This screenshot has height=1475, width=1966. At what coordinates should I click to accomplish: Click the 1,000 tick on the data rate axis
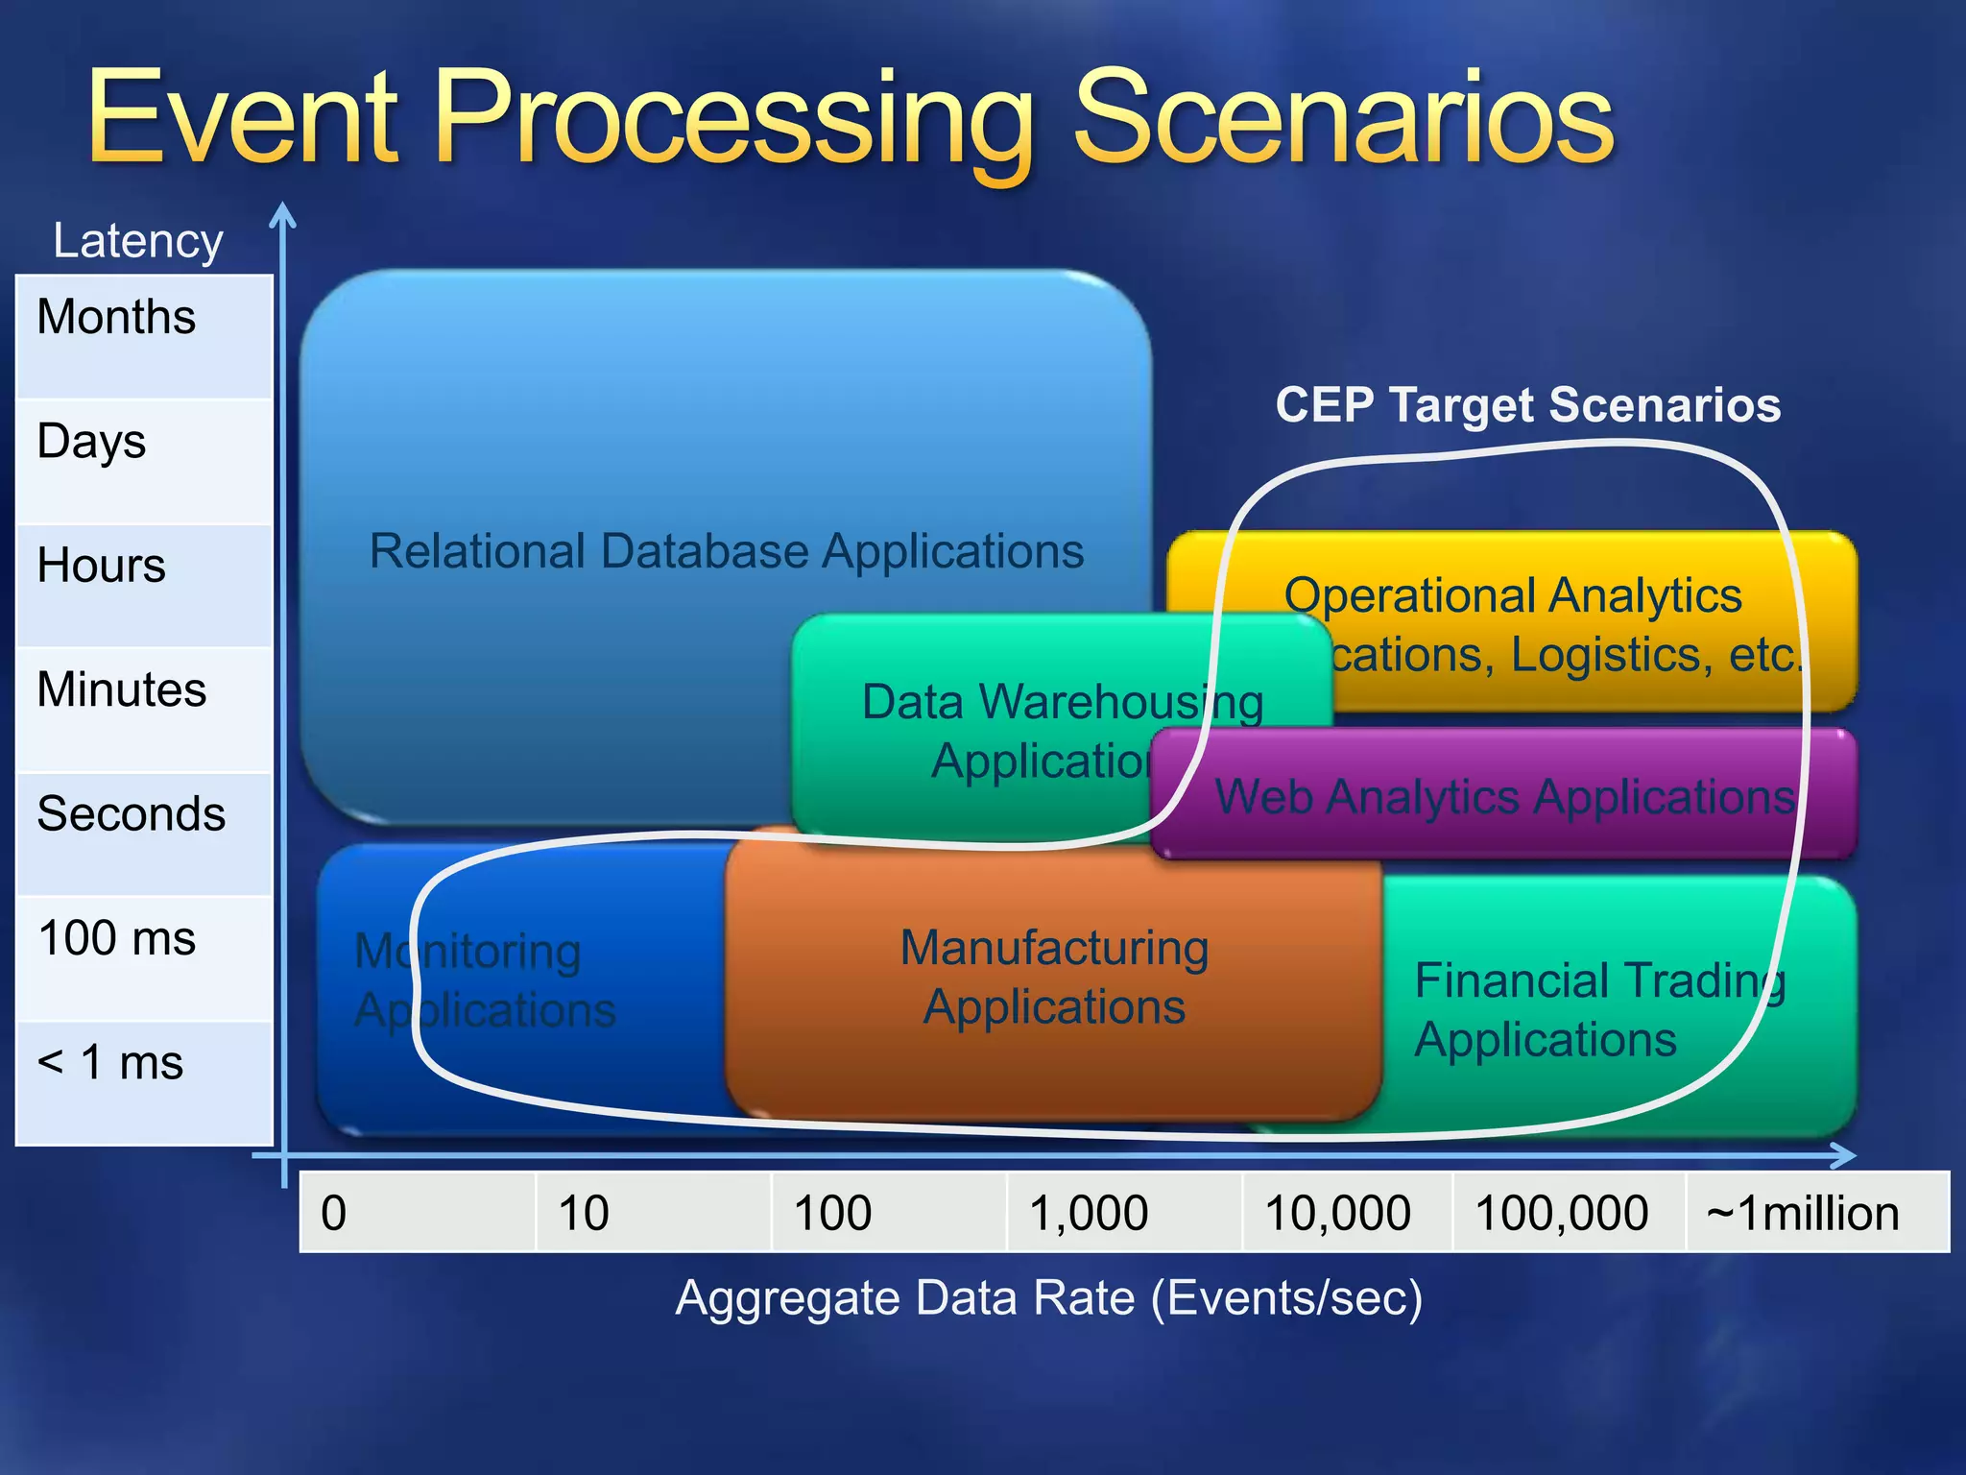[x=1089, y=1213]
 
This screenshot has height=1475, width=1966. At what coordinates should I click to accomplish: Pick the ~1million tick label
[x=1802, y=1213]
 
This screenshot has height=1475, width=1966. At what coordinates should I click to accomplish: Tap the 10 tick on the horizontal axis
[x=583, y=1213]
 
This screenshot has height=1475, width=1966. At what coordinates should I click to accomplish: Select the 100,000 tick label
[x=1562, y=1213]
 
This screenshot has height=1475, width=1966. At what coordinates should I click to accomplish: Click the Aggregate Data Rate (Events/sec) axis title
[x=1048, y=1297]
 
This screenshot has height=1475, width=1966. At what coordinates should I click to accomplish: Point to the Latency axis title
[x=137, y=240]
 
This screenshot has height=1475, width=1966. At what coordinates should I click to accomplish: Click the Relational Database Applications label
[x=727, y=551]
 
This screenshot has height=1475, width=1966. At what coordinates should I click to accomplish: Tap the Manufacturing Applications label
[x=1053, y=977]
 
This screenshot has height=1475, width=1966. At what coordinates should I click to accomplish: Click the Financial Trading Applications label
[x=1598, y=1010]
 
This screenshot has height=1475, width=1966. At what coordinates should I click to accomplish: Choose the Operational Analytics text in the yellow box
[x=1512, y=595]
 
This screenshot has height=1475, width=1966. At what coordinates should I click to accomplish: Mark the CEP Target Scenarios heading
[x=1527, y=404]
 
